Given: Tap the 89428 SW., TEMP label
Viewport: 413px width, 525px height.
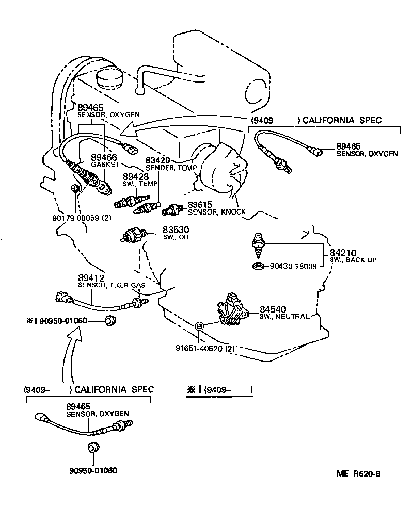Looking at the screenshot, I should tap(135, 176).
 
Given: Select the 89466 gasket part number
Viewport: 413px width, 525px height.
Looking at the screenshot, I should tap(104, 157).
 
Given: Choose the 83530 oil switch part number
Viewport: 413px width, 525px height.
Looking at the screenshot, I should tap(176, 229).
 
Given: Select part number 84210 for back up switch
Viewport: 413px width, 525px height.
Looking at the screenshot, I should tap(342, 253).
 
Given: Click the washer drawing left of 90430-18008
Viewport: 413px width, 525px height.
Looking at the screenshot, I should tap(258, 267).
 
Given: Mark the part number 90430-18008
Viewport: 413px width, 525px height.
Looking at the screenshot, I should tap(293, 267).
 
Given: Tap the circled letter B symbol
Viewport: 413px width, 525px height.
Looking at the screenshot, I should tap(200, 326).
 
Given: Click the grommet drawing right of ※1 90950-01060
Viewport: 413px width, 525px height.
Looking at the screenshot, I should tap(110, 322).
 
